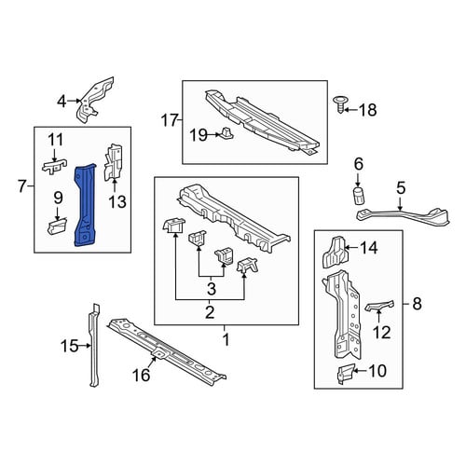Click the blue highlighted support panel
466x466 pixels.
click(86, 205)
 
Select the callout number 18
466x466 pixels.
click(368, 110)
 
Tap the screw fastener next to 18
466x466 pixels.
click(340, 105)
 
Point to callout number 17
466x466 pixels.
click(170, 120)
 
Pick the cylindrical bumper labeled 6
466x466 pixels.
click(359, 196)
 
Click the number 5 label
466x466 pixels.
click(401, 188)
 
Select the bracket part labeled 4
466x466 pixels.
click(95, 100)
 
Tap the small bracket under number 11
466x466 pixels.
click(55, 167)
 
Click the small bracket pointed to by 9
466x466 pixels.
click(57, 226)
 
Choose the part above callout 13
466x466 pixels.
click(113, 162)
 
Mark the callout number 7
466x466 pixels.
click(21, 186)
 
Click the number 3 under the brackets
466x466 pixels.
click(212, 289)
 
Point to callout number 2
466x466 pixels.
click(210, 312)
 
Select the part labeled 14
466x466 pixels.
click(335, 252)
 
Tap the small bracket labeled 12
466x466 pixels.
click(379, 306)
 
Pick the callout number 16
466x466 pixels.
click(141, 375)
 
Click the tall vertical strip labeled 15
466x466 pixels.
click(94, 346)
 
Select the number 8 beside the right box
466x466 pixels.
click(417, 303)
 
